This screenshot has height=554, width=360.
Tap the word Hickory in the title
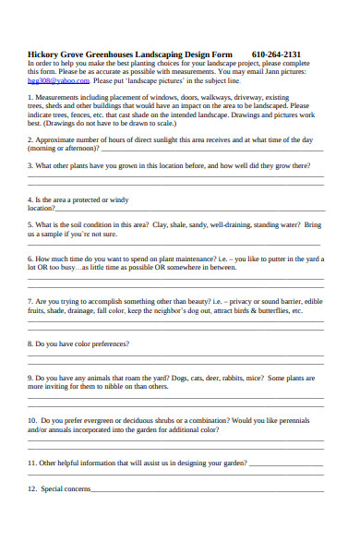[45, 54]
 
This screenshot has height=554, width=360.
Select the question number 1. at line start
[30, 97]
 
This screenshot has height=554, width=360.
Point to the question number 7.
[30, 301]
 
